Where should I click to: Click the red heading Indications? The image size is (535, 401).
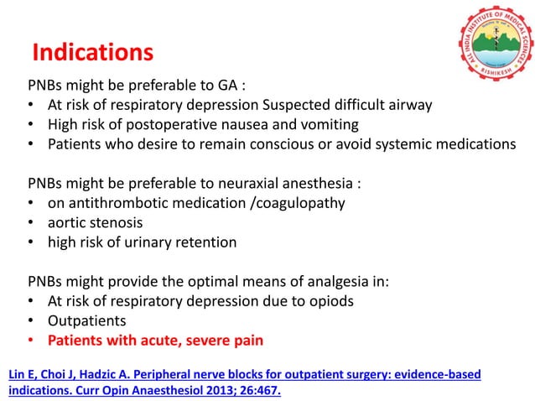coord(92,53)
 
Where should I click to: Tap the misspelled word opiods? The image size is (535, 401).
coord(335,301)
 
